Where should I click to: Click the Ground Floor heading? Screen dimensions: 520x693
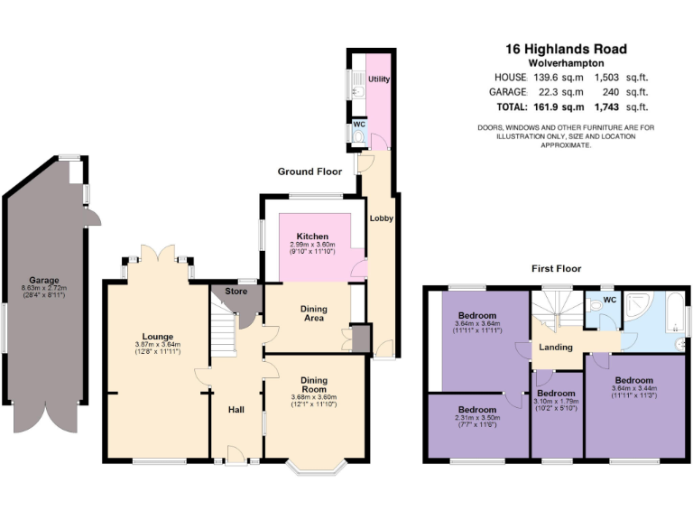pyautogui.click(x=310, y=172)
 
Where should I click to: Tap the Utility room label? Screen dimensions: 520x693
pyautogui.click(x=379, y=79)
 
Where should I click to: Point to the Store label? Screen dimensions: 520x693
pyautogui.click(x=236, y=292)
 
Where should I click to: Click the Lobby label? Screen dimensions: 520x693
pyautogui.click(x=380, y=218)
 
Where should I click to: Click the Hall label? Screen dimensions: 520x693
pyautogui.click(x=236, y=410)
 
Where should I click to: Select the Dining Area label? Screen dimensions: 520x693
pyautogui.click(x=312, y=313)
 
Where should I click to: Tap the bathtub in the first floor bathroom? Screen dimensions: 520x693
pyautogui.click(x=675, y=320)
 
